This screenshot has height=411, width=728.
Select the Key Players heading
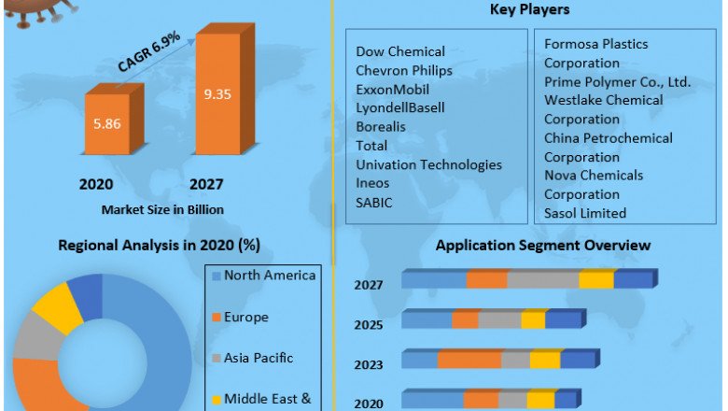coord(529,10)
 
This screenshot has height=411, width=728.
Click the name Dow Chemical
coord(400,51)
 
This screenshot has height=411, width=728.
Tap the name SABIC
coord(374,202)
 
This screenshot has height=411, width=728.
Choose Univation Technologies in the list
coord(428,164)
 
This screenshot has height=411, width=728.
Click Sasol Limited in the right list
coord(585,213)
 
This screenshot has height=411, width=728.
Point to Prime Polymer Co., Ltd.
coord(617,81)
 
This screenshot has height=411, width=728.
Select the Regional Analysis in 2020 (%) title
coord(160,245)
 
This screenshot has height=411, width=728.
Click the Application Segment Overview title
coord(543,245)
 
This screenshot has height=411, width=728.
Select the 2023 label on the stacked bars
coord(368,365)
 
